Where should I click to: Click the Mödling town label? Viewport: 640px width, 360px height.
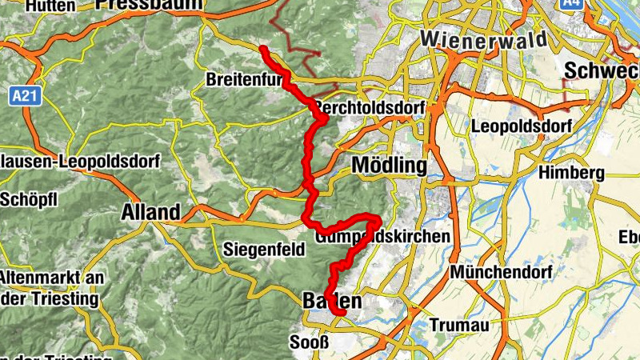(390, 166)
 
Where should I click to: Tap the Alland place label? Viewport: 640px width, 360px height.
(150, 213)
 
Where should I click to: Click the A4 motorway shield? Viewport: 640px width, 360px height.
(570, 4)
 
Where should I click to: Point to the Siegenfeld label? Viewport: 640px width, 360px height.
(265, 249)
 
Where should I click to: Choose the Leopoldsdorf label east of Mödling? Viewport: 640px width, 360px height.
(523, 126)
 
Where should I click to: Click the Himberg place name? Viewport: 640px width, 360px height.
(571, 174)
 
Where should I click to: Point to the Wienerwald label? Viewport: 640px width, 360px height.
(484, 39)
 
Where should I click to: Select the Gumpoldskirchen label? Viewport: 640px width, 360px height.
(383, 238)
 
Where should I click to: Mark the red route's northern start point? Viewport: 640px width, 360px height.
(264, 50)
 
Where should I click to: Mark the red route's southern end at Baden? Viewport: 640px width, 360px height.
(339, 312)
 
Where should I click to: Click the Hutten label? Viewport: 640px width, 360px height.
(50, 6)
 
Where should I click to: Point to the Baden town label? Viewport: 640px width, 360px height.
(333, 302)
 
